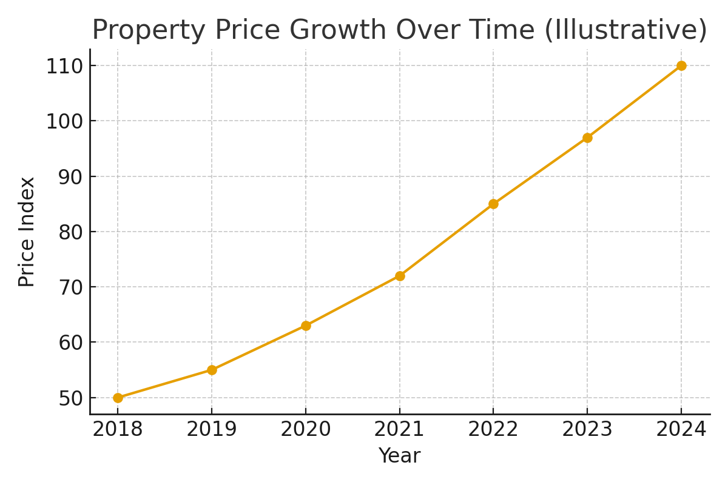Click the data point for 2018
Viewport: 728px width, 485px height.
pyautogui.click(x=118, y=398)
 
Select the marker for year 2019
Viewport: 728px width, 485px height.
pyautogui.click(x=212, y=370)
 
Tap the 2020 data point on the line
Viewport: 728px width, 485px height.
pyautogui.click(x=306, y=326)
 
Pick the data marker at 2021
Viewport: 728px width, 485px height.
pyautogui.click(x=400, y=276)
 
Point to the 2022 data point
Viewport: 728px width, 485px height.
pyautogui.click(x=493, y=204)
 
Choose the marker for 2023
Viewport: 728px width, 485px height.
pyautogui.click(x=587, y=138)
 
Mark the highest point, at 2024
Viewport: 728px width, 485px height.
pyautogui.click(x=681, y=65)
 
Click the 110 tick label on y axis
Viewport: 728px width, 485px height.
pyautogui.click(x=64, y=66)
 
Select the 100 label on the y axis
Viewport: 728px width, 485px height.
pyautogui.click(x=64, y=121)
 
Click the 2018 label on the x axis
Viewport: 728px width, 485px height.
pyautogui.click(x=118, y=429)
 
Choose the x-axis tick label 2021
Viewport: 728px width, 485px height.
pyautogui.click(x=400, y=429)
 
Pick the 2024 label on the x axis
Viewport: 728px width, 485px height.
pyautogui.click(x=681, y=429)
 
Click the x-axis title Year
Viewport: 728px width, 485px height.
pyautogui.click(x=399, y=456)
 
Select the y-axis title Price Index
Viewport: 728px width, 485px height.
pyautogui.click(x=27, y=232)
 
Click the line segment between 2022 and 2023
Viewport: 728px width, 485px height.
pyautogui.click(x=541, y=170)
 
